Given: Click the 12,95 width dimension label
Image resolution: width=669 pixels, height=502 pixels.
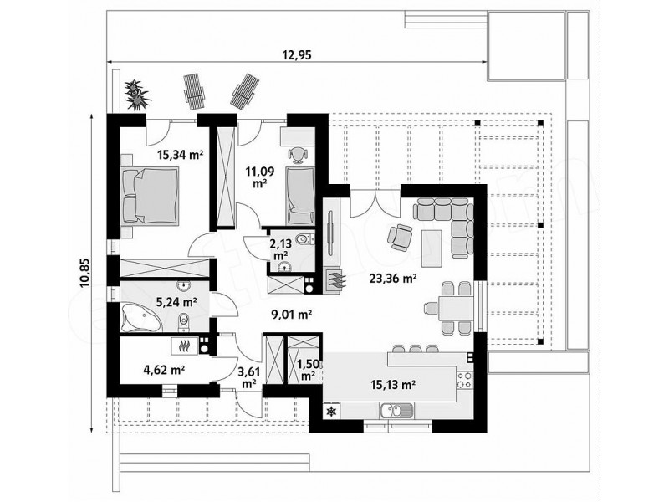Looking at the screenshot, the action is tap(297, 54).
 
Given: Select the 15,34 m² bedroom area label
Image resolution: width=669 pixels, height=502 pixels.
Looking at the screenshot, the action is tap(180, 155).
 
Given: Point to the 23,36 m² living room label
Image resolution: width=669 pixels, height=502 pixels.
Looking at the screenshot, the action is tap(393, 279).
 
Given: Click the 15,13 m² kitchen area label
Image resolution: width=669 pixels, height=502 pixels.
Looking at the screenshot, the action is tap(392, 385).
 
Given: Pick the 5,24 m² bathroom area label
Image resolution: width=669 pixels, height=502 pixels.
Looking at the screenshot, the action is tap(176, 303).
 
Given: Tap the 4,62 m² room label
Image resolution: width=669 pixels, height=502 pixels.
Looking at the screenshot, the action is tap(164, 369).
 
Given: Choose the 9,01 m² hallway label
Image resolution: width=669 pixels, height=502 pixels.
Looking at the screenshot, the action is tap(292, 315).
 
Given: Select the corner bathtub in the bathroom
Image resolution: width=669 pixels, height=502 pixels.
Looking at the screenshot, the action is tap(140, 317).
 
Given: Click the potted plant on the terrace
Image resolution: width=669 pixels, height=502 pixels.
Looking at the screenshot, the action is tap(137, 95).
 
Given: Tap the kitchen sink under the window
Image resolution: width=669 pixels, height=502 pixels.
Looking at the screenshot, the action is tap(396, 411).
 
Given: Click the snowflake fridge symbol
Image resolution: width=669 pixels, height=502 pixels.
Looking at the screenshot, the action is tap(330, 412).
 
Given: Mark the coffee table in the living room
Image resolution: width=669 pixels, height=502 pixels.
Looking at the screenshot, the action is tap(432, 248).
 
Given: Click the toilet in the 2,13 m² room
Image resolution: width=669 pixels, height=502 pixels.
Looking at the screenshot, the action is tap(304, 238).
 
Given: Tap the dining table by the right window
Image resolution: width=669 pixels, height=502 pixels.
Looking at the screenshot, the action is tap(456, 308).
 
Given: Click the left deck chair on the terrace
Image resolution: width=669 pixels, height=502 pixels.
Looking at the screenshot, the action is tap(194, 92).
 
